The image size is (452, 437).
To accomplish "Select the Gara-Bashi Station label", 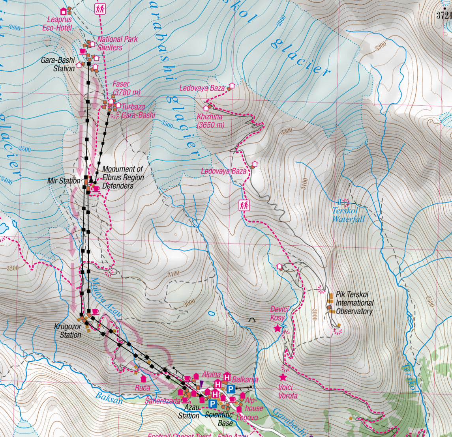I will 58,65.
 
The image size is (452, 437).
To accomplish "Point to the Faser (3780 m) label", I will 126,88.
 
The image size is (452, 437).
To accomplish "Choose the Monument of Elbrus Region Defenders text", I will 123,177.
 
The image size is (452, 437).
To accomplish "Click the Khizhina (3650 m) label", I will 210,121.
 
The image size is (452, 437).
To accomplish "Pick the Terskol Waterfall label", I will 348,215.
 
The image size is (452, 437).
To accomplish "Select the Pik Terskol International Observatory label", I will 354,303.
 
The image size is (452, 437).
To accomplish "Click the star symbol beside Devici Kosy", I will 277,328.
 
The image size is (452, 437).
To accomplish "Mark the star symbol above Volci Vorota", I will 283,377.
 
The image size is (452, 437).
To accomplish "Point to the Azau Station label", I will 189,413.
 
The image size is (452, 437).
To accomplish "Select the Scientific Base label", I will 219,419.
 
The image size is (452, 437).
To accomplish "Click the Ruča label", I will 143,388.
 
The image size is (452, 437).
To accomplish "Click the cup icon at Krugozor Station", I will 95,312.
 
